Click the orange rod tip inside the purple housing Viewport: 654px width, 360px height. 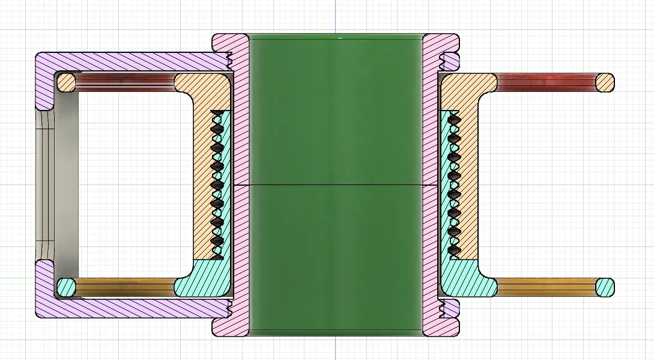click(x=66, y=82)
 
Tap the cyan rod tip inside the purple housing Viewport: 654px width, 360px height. click(x=66, y=287)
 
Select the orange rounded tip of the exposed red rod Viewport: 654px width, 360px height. click(x=605, y=82)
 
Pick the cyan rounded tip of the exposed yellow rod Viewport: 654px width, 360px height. click(x=605, y=287)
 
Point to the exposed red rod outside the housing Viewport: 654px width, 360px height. click(x=547, y=82)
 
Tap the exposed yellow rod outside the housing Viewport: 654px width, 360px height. click(x=547, y=287)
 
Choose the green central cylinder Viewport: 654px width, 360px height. click(x=336, y=120)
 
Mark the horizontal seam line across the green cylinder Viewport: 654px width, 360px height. click(x=336, y=184)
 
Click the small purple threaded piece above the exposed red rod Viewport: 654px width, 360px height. click(x=450, y=61)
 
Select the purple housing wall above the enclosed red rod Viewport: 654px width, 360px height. click(x=132, y=61)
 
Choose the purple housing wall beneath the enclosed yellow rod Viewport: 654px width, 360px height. click(x=132, y=308)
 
